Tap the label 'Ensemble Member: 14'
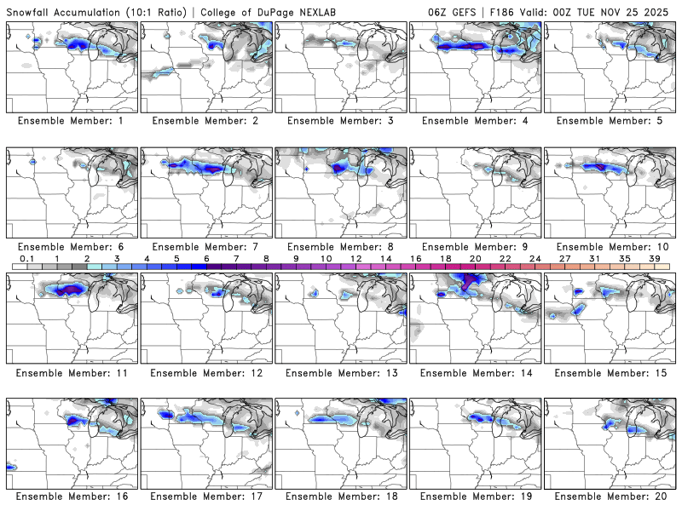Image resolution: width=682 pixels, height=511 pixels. (x=476, y=373)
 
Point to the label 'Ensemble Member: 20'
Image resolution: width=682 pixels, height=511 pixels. (x=610, y=496)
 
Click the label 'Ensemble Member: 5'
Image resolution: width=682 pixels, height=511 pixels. (x=610, y=121)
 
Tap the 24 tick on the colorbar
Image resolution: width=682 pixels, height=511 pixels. (x=535, y=259)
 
